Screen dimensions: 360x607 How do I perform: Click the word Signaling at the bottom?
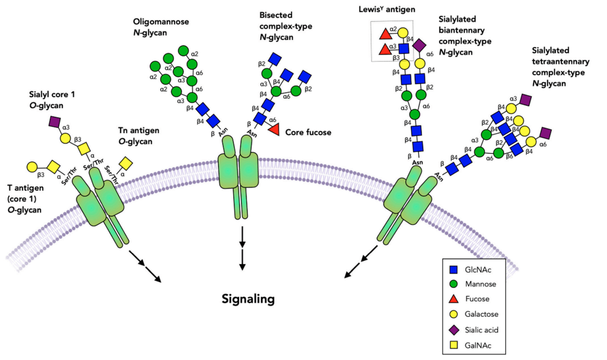point(248,299)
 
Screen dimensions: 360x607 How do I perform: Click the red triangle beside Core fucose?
point(273,130)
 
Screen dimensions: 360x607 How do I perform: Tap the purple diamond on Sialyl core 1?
point(55,122)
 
